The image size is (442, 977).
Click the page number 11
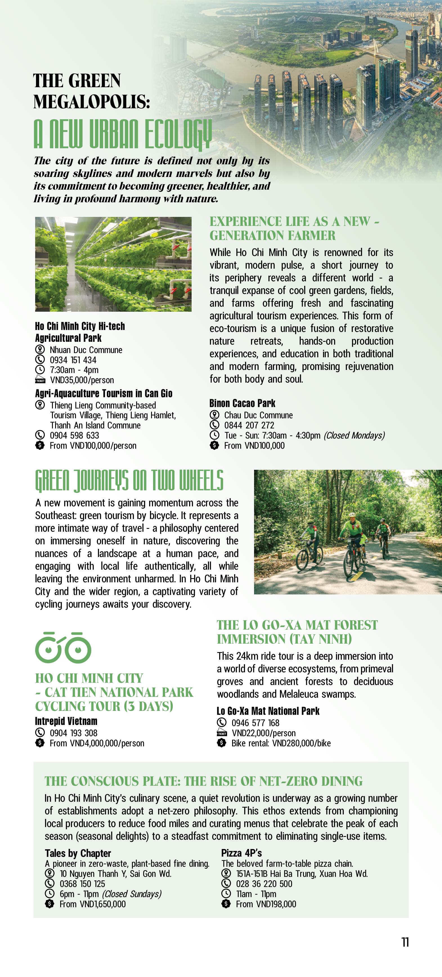pyautogui.click(x=405, y=942)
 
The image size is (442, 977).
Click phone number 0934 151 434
pyautogui.click(x=73, y=360)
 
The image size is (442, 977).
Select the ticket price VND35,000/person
pyautogui.click(x=82, y=380)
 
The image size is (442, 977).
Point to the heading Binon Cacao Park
pyautogui.click(x=242, y=403)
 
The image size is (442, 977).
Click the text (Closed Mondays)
pyautogui.click(x=354, y=435)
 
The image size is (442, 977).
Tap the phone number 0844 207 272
pyautogui.click(x=249, y=425)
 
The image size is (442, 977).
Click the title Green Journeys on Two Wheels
pyautogui.click(x=129, y=480)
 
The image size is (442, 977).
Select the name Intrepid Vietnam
pyautogui.click(x=66, y=721)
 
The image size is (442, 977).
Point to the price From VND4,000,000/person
pyautogui.click(x=97, y=743)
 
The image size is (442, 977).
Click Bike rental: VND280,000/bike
pyautogui.click(x=281, y=743)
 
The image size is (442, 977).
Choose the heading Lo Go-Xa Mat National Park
pyautogui.click(x=268, y=711)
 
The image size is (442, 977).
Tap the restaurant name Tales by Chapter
pyautogui.click(x=78, y=853)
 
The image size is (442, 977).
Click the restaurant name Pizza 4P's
pyautogui.click(x=241, y=853)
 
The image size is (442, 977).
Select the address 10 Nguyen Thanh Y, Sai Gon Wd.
pyautogui.click(x=115, y=874)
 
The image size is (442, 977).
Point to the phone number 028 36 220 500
pyautogui.click(x=264, y=884)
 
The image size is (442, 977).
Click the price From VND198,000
pyautogui.click(x=266, y=904)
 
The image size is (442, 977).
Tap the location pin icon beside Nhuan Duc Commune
pyautogui.click(x=40, y=350)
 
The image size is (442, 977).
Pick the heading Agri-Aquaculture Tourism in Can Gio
pyautogui.click(x=104, y=393)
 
